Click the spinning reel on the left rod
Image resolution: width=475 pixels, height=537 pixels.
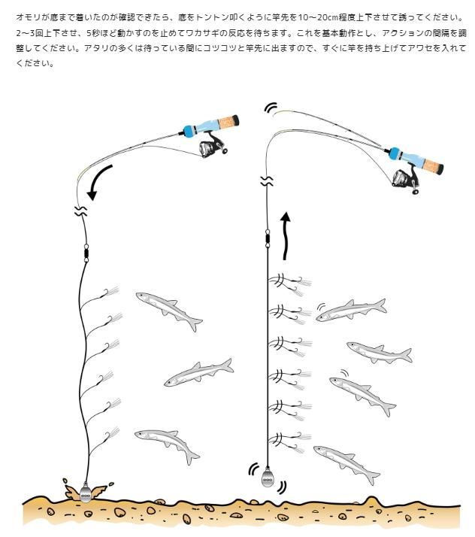(213, 146)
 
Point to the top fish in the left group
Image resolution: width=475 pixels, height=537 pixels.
(169, 309)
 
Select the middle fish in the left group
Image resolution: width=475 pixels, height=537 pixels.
(198, 372)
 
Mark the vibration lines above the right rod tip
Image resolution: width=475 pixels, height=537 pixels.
(271, 108)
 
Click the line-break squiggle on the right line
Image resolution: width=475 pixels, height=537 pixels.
(266, 180)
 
